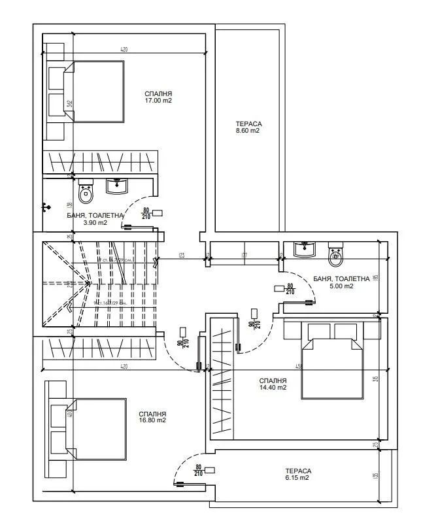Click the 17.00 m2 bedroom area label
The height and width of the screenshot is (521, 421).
click(158, 97)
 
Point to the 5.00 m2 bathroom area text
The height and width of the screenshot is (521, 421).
click(341, 282)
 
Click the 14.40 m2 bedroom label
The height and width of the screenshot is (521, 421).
click(273, 384)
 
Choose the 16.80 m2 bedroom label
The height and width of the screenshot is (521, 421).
click(152, 417)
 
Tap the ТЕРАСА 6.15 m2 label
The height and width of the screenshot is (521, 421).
click(297, 474)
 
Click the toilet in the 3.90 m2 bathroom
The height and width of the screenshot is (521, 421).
click(86, 192)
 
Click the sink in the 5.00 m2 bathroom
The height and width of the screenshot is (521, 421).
click(304, 249)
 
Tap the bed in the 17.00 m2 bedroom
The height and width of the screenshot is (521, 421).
click(92, 92)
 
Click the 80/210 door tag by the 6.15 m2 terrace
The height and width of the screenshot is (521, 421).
click(200, 471)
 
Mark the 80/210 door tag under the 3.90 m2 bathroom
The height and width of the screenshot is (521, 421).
click(146, 214)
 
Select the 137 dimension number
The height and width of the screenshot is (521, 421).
click(243, 255)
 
